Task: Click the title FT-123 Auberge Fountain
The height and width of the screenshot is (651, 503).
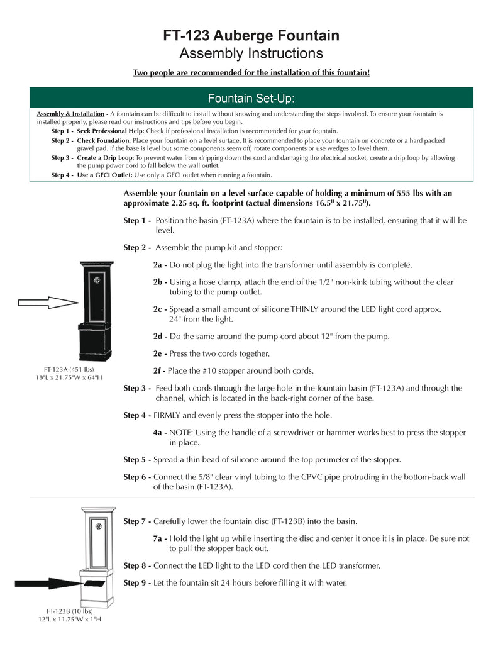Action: (251, 35)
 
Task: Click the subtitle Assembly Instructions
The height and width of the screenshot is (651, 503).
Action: (251, 53)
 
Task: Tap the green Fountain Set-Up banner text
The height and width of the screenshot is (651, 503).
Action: (251, 99)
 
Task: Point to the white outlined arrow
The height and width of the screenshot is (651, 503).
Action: (48, 303)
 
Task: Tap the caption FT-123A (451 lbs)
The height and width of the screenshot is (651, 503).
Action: (69, 369)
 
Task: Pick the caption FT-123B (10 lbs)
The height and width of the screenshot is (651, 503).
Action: (69, 611)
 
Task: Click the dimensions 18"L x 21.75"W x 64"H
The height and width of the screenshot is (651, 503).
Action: (69, 377)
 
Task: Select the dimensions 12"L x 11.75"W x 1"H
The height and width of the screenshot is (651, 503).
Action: (69, 619)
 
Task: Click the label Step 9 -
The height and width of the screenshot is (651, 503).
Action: (137, 582)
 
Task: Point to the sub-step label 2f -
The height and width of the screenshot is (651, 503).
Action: (160, 370)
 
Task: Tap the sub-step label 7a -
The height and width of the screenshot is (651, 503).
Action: (160, 538)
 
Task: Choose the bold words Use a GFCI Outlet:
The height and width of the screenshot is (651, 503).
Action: (105, 175)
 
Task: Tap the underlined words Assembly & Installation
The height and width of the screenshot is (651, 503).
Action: (70, 114)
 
